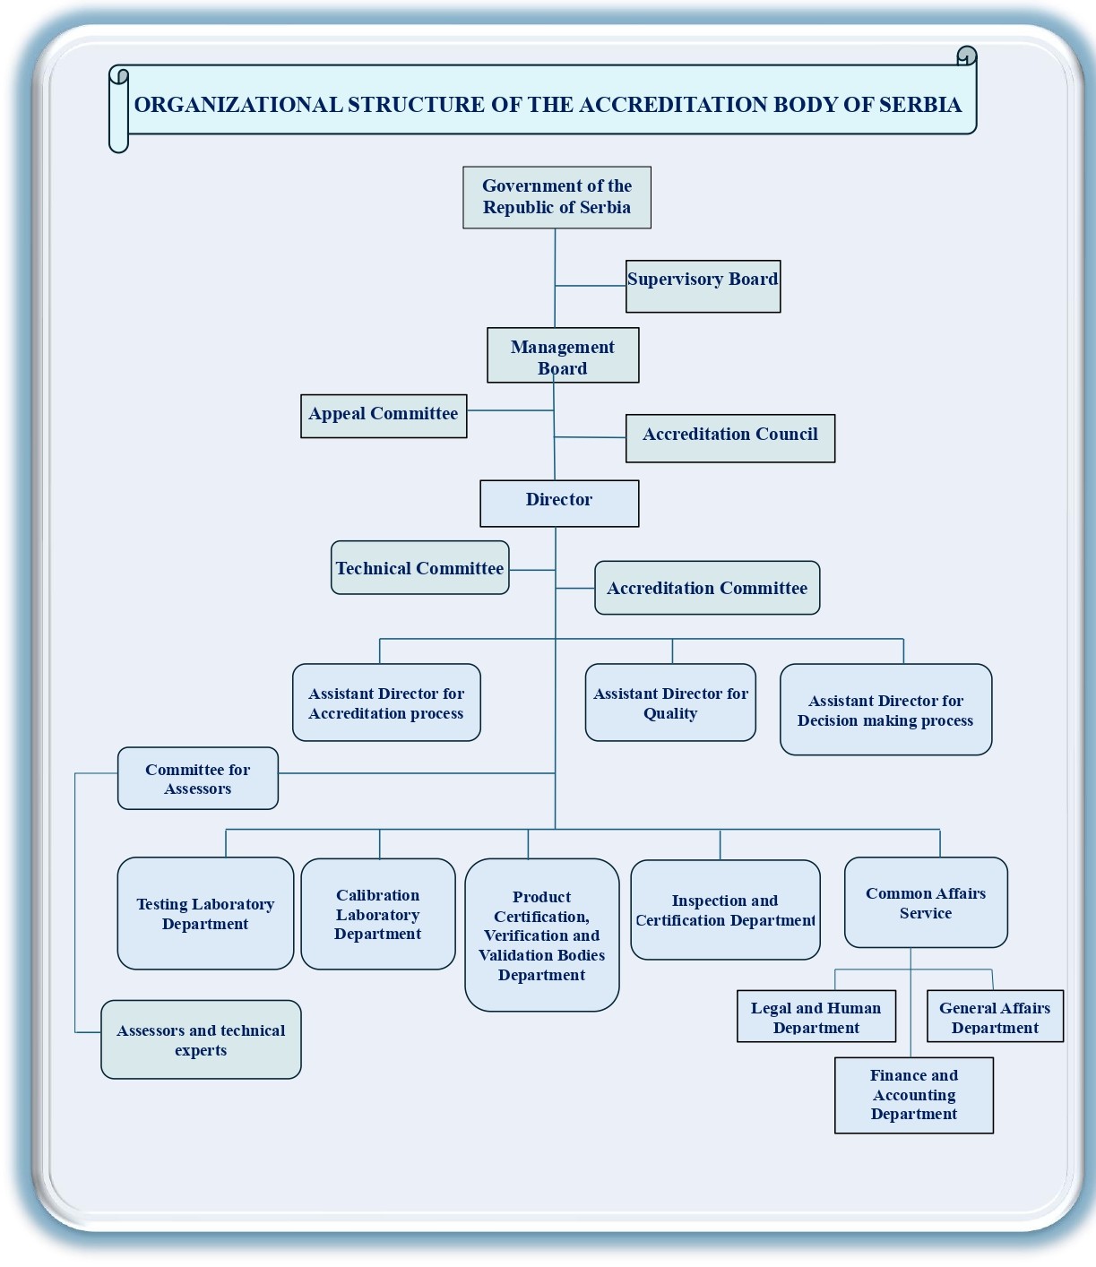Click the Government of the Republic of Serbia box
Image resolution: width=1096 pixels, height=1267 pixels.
(557, 197)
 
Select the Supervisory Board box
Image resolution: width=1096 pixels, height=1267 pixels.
(703, 286)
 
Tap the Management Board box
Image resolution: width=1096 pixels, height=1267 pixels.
(563, 356)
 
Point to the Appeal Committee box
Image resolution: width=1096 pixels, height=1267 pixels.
(384, 416)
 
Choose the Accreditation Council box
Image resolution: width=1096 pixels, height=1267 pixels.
(730, 438)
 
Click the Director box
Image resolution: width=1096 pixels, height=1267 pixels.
(559, 503)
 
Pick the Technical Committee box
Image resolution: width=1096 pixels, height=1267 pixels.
(420, 567)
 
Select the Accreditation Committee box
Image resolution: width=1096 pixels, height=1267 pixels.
(707, 588)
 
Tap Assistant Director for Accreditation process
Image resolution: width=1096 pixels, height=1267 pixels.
(386, 702)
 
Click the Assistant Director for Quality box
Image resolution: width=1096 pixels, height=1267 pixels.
(670, 702)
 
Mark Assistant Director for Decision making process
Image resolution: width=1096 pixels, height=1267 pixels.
(885, 710)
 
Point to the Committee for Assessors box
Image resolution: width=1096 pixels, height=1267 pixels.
(198, 779)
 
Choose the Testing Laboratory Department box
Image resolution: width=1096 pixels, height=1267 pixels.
(205, 913)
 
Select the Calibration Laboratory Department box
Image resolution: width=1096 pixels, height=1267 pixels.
(378, 914)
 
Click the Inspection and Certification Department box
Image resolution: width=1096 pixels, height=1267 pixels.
(725, 910)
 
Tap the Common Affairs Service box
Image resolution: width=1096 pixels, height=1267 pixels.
(926, 902)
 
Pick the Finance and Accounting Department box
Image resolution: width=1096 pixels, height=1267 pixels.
(914, 1095)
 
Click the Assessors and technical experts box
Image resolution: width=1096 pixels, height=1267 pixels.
(201, 1039)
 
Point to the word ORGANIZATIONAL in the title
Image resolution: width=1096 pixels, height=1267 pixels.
(237, 105)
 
